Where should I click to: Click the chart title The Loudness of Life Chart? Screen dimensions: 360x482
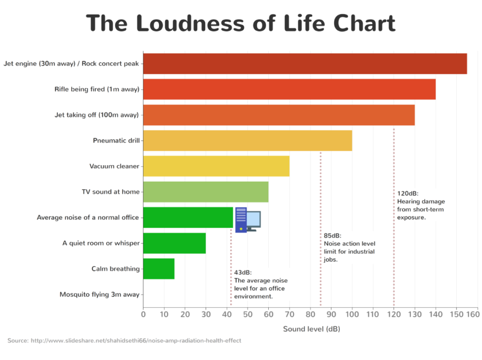click(241, 24)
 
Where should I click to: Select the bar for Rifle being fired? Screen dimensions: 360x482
click(289, 89)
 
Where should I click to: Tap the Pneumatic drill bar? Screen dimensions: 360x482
click(248, 141)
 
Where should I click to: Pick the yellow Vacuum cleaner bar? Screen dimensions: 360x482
click(216, 166)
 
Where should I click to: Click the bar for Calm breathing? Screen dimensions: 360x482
click(159, 269)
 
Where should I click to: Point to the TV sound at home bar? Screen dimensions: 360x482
click(206, 192)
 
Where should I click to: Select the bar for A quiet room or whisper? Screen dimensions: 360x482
click(174, 243)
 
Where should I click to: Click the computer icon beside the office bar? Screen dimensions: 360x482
click(248, 220)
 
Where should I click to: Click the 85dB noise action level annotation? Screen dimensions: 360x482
click(349, 247)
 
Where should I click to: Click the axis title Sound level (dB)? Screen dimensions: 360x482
click(311, 329)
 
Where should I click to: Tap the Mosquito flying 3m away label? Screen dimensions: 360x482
click(99, 295)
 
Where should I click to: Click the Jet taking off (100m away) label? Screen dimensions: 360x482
click(96, 115)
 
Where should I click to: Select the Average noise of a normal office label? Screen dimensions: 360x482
click(88, 217)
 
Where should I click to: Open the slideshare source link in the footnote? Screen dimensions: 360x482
click(136, 340)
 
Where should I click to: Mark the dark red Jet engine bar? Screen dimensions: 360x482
click(305, 64)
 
